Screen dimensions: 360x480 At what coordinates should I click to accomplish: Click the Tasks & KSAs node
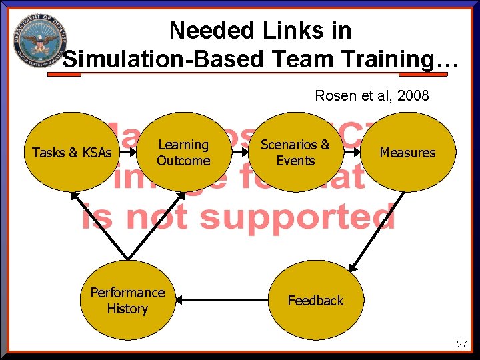point(72,153)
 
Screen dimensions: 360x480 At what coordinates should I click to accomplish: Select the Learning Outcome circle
point(183,153)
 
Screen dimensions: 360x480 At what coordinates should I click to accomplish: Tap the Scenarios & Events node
point(295,153)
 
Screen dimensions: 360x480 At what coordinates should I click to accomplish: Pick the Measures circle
point(407,153)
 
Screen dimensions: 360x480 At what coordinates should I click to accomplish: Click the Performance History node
point(127,301)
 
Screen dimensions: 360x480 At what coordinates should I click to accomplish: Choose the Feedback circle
point(315,301)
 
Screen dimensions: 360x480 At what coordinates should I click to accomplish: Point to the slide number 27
point(462,344)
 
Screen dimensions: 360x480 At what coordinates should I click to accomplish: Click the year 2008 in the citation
point(413,96)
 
